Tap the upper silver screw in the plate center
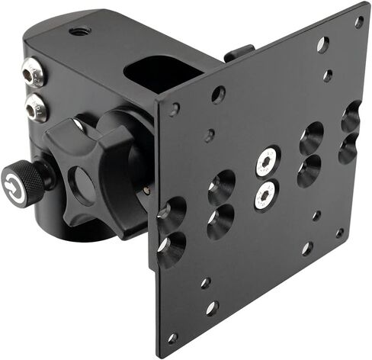click(x=266, y=161)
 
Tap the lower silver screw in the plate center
click(x=264, y=195)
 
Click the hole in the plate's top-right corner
click(x=358, y=23)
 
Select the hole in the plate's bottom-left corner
click(x=173, y=336)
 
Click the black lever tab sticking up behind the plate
click(x=238, y=53)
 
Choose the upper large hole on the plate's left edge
click(x=173, y=211)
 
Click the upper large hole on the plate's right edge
click(x=351, y=117)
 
